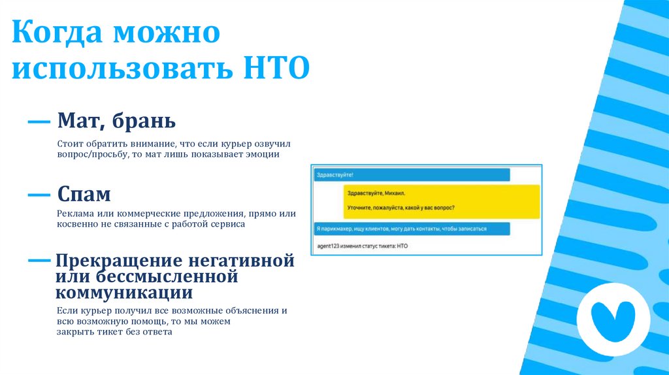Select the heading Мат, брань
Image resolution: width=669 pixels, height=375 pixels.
point(116,121)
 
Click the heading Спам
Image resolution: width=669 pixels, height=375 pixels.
point(84,194)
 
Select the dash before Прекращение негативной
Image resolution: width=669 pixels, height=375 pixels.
point(39,260)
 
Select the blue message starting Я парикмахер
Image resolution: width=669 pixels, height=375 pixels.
point(410,229)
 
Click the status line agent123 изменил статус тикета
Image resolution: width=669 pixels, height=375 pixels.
point(362,246)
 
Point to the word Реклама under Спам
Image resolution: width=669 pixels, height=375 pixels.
point(74,214)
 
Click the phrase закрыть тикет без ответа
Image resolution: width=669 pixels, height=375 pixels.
point(114,332)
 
